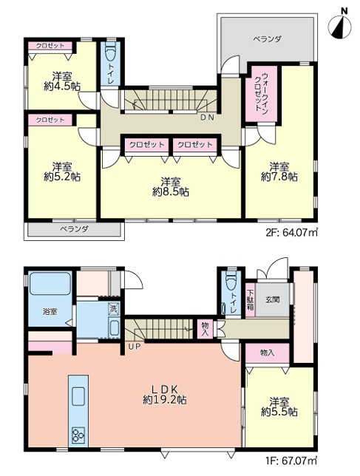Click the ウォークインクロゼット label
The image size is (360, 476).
click(261, 93)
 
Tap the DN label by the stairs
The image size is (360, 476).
click(207, 118)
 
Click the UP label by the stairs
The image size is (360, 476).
click(134, 346)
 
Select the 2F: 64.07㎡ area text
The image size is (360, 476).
click(291, 233)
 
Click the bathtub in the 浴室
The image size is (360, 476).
click(50, 284)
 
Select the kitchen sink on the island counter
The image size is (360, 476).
click(78, 396)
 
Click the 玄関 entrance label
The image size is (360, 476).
click(272, 300)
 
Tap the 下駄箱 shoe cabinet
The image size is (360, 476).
click(251, 300)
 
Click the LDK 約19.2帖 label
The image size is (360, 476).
click(165, 395)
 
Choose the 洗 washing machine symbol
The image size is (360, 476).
click(113, 309)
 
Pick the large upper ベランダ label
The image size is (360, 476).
click(267, 39)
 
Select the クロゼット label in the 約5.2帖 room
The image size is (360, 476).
click(50, 120)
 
